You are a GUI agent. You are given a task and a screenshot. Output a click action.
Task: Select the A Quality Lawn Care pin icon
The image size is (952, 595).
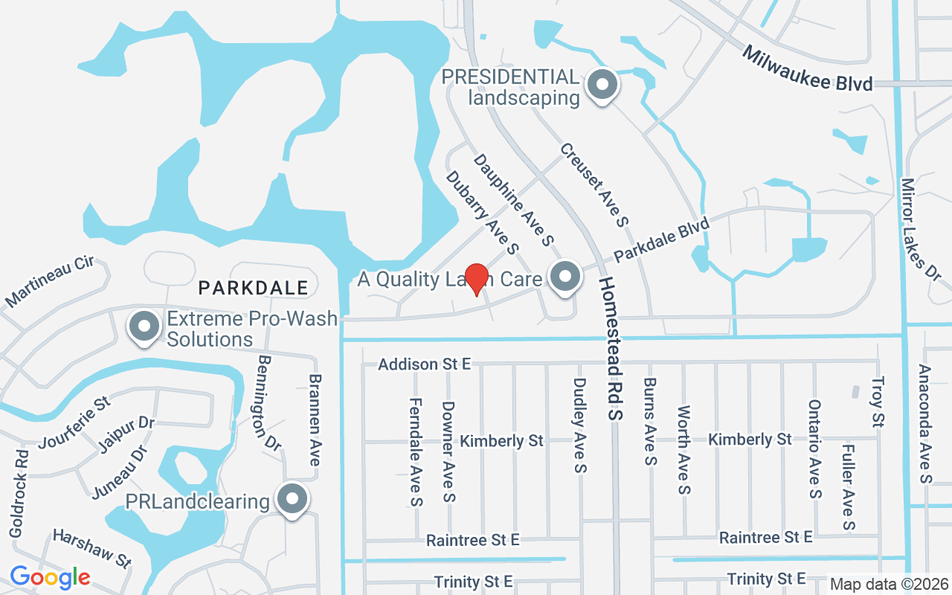coord(565,277)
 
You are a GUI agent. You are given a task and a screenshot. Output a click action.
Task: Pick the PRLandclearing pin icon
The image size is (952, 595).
coord(292,500)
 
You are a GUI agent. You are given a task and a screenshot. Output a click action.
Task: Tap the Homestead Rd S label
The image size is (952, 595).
coord(611,349)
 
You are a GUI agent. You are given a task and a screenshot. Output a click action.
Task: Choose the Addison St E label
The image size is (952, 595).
coord(425,364)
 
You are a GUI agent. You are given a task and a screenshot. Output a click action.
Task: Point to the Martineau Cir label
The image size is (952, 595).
coord(57,283)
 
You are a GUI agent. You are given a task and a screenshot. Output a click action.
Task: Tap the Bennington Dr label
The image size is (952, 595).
coord(268,402)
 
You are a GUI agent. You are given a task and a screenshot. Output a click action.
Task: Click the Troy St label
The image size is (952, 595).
coord(878,402)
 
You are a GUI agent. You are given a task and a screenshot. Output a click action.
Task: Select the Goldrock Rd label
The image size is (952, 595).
coord(18,493)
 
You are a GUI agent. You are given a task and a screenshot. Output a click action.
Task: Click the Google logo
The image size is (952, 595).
coord(50,576)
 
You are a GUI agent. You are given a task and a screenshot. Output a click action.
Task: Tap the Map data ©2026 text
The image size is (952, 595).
coord(888,584)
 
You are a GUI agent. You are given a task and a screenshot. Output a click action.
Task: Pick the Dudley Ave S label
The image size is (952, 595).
coord(580,425)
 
